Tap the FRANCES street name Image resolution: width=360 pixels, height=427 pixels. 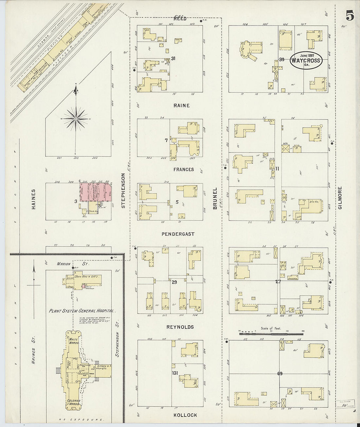click(184, 169)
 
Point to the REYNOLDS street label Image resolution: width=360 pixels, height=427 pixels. click(180, 327)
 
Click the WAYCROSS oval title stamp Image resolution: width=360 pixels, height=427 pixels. click(307, 60)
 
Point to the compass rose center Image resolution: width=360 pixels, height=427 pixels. click(76, 119)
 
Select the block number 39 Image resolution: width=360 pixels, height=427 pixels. click(281, 59)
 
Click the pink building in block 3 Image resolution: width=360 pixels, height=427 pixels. click(97, 195)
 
